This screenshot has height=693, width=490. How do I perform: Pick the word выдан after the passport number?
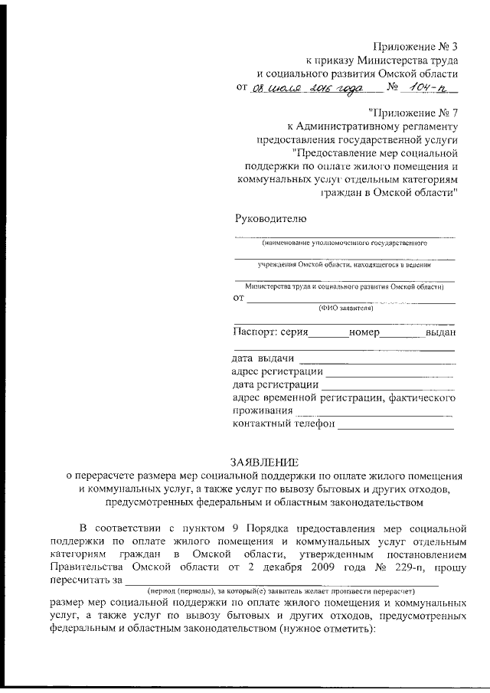point(441,332)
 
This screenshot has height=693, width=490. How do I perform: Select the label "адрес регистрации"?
point(276,371)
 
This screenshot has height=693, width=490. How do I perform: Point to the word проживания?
point(264,411)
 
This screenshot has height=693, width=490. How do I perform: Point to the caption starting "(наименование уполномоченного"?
point(344,243)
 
